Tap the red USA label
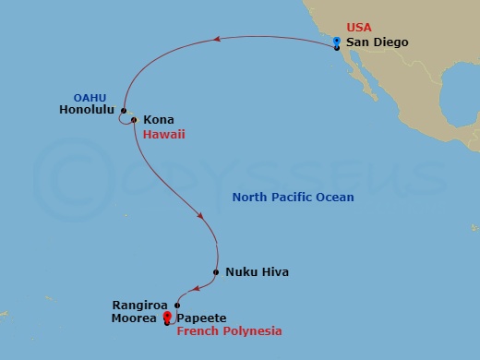coord(358,29)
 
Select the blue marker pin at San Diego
coord(337,41)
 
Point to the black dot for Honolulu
coord(123,112)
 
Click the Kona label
coord(158,120)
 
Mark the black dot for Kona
coord(135,120)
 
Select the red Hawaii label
coord(169,134)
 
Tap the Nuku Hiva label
coord(257,272)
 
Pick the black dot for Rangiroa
coord(176,306)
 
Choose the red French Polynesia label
coord(229,330)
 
